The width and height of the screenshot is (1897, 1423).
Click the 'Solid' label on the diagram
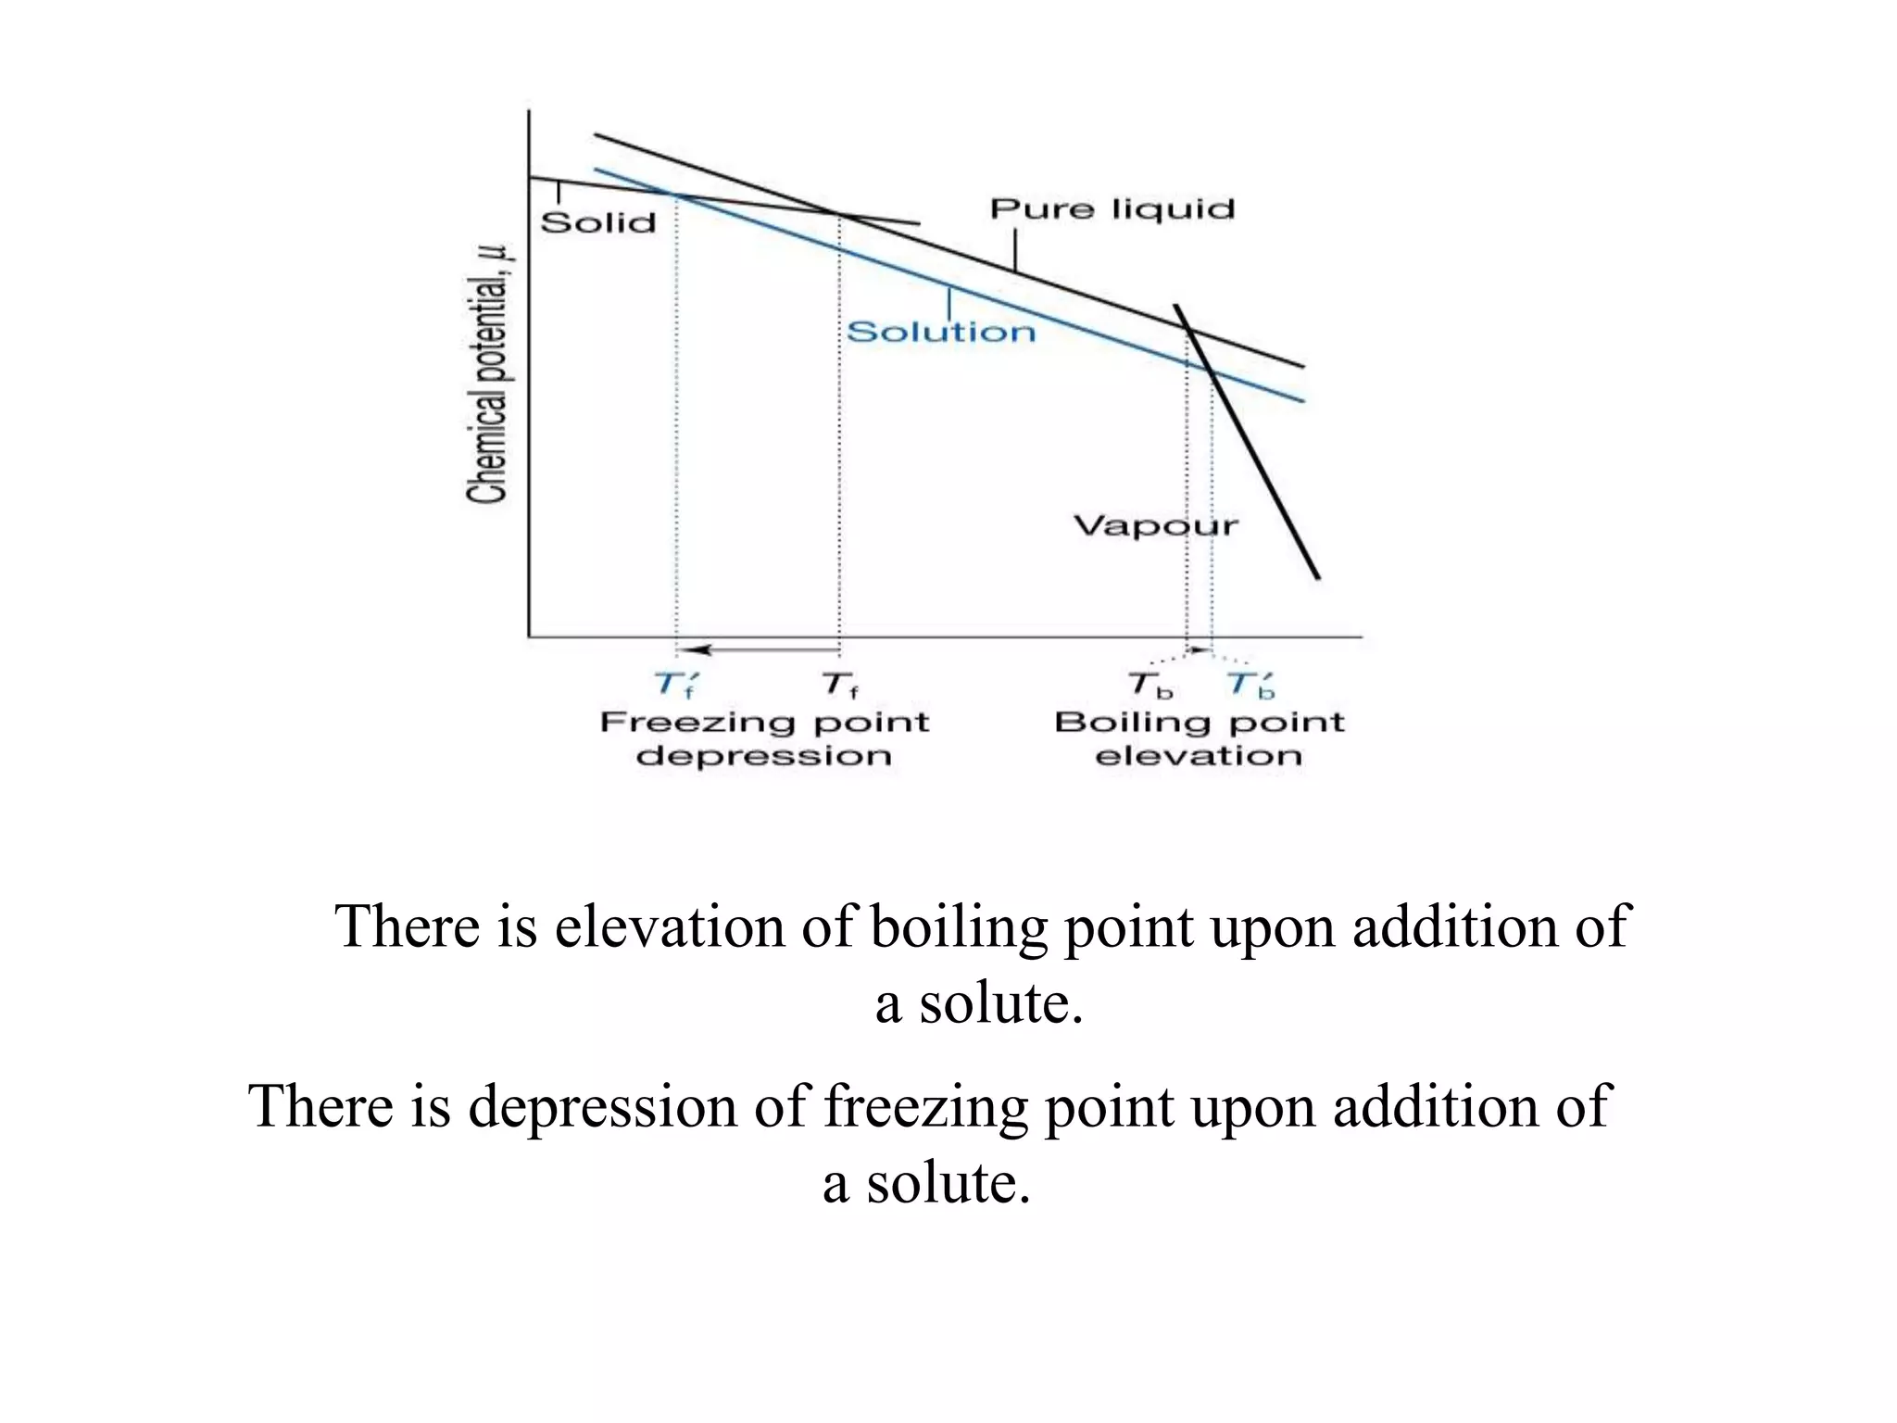point(598,222)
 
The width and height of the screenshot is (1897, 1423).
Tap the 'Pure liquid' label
point(1112,208)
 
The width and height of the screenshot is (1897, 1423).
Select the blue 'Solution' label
point(941,332)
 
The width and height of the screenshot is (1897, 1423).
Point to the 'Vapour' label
point(1156,526)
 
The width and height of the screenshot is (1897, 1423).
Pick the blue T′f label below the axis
point(675,686)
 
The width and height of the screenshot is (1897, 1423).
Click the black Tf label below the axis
point(839,686)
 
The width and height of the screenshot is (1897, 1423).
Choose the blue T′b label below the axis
point(1251,686)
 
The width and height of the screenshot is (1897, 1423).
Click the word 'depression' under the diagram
point(764,756)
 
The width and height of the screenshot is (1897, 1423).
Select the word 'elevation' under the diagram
point(1199,756)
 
